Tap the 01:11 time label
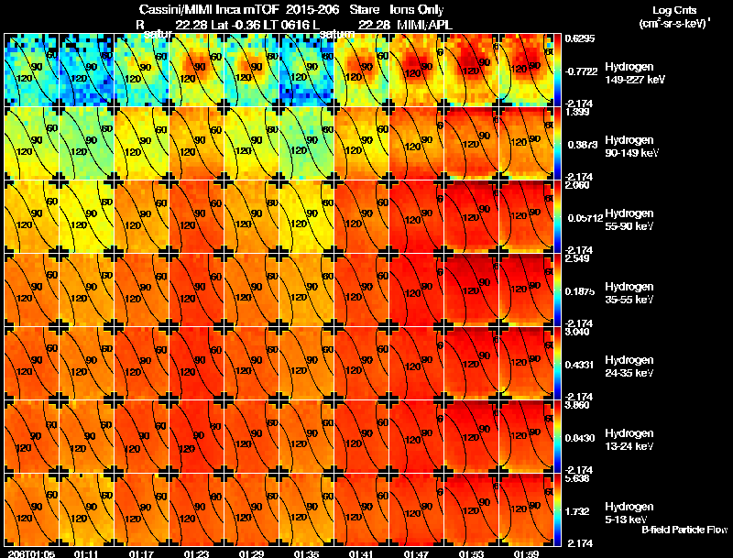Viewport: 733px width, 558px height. pos(86,553)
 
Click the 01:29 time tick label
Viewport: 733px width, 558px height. pos(250,553)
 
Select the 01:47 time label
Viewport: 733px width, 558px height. pos(415,553)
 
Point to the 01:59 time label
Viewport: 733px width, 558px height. pos(525,553)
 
